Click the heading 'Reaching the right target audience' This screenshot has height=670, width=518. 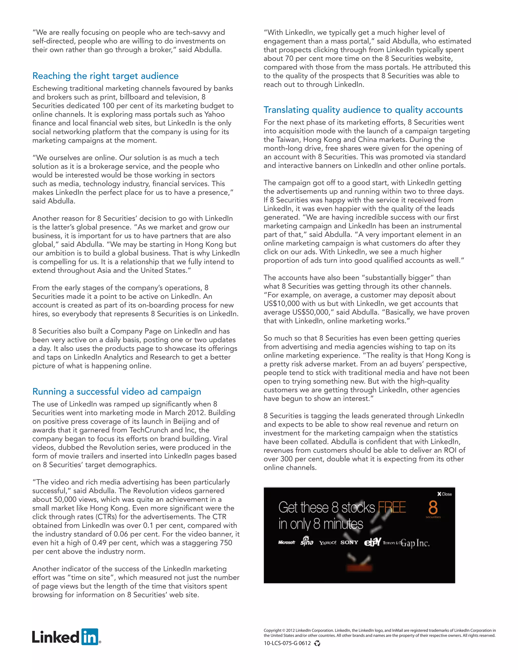click(105, 76)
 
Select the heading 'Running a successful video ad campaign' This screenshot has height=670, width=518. click(117, 391)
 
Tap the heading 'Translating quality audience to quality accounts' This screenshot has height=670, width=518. click(363, 110)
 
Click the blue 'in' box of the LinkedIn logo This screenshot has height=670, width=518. click(90, 637)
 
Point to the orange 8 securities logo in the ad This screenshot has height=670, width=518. click(433, 508)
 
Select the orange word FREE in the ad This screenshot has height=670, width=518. click(392, 507)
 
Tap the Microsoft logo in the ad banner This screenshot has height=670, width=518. click(286, 542)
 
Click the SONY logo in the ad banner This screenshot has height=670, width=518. click(349, 542)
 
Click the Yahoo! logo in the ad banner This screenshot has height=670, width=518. click(328, 543)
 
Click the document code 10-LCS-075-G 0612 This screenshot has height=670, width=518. click(287, 643)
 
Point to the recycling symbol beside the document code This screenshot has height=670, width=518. click(317, 643)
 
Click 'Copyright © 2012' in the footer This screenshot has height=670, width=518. click(279, 630)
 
